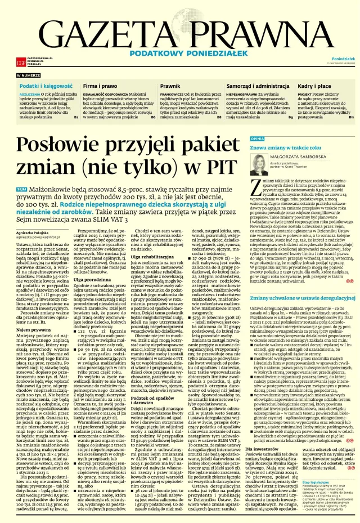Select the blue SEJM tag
pyautogui.click(x=22, y=190)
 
